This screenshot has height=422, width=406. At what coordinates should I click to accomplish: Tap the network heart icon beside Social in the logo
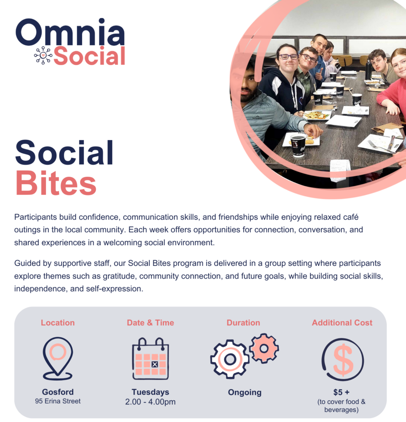tap(43, 55)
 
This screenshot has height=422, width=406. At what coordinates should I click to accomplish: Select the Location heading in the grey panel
tap(58, 323)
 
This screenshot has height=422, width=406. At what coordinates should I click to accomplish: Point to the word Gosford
tap(58, 392)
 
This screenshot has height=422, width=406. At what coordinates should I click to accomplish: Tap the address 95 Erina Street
tap(58, 401)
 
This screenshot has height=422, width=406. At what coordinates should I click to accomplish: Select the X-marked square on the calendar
tap(154, 364)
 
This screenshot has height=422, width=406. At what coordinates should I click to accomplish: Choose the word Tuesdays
tap(150, 392)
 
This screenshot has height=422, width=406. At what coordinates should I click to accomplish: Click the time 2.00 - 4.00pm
tap(150, 401)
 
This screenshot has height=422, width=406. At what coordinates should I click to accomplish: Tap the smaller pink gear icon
tap(264, 348)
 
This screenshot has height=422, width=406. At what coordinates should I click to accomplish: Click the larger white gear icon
tap(230, 359)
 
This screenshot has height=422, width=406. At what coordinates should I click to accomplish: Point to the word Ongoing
tap(245, 392)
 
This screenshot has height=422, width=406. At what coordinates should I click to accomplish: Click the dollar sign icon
tap(342, 360)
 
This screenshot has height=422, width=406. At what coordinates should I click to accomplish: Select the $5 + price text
tap(342, 392)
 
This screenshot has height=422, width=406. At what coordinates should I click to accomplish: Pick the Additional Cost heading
tap(342, 323)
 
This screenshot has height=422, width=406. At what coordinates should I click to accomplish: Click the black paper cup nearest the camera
tap(298, 146)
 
